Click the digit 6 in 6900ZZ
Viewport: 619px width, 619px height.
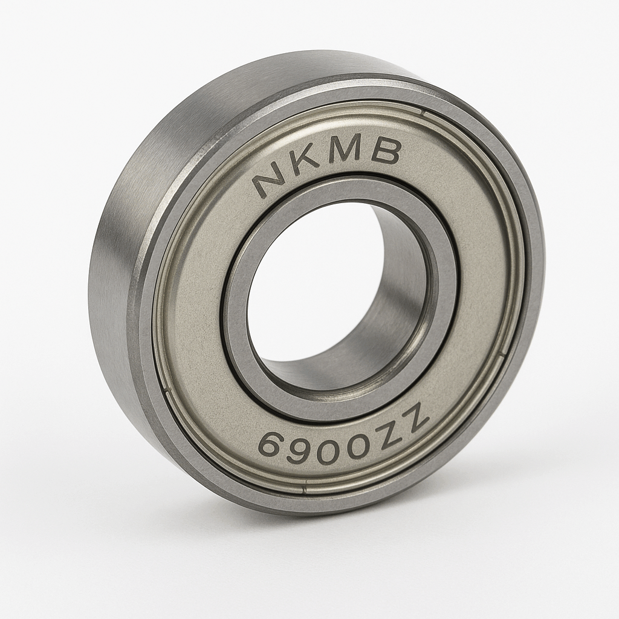pos(271,446)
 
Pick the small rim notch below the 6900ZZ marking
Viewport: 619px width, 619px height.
pos(306,484)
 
